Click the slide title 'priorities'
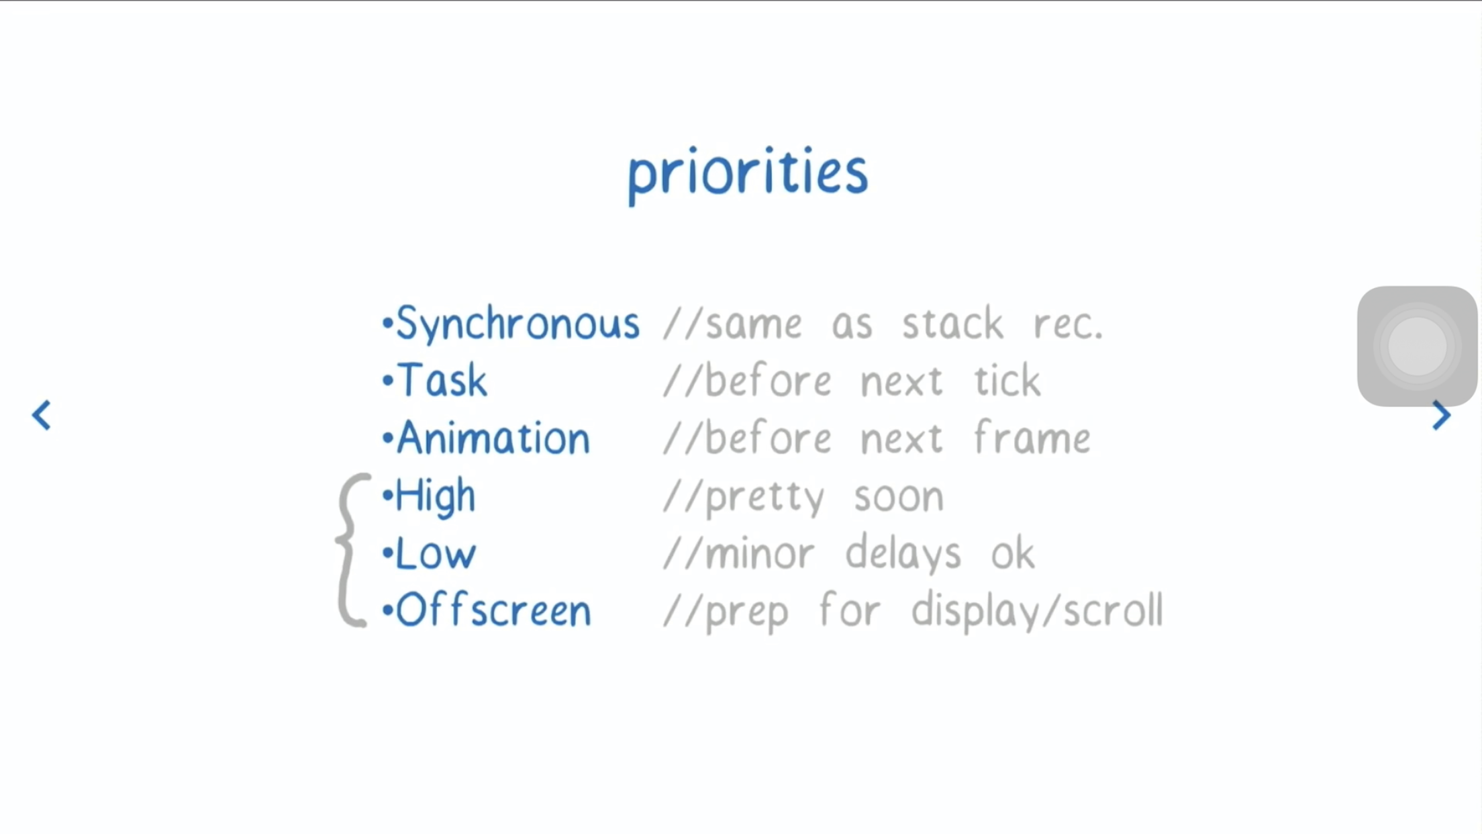[x=748, y=175]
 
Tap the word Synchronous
[x=518, y=324]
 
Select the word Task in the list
[x=442, y=380]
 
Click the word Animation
[x=493, y=438]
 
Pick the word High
[x=436, y=497]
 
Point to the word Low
[x=436, y=554]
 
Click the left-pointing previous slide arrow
[x=42, y=415]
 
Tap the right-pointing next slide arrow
[x=1440, y=415]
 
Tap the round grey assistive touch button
[x=1417, y=346]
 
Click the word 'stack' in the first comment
[x=952, y=324]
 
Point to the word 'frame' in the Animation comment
[x=1032, y=438]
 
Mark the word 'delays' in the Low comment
[x=903, y=554]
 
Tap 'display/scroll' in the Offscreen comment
[x=1037, y=611]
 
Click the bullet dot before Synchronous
[x=387, y=324]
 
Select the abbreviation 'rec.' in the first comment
[x=1068, y=326]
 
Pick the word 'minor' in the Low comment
[x=760, y=555]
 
